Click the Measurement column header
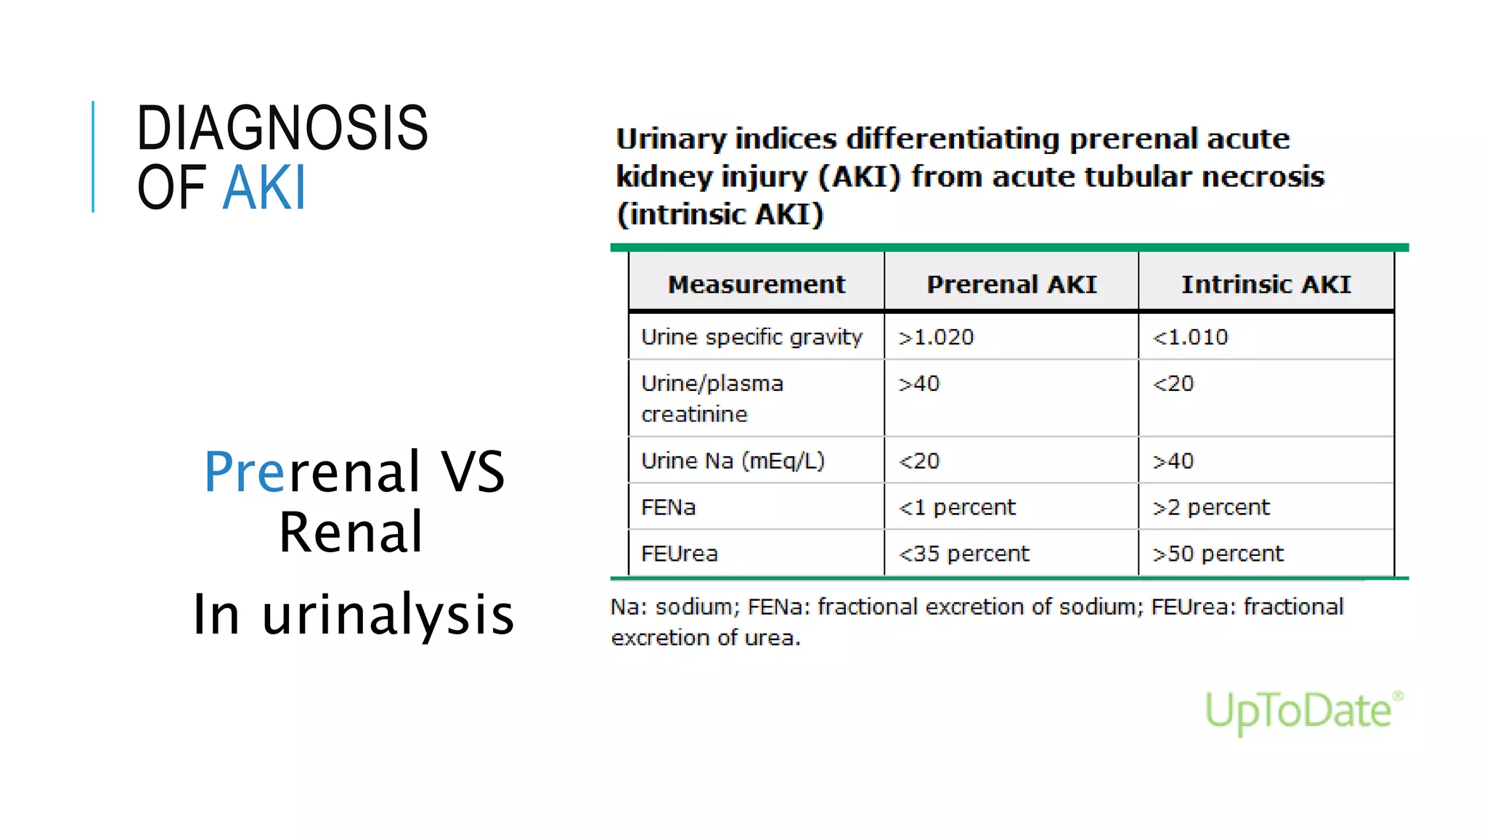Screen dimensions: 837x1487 [756, 284]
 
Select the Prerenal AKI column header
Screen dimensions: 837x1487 [1011, 284]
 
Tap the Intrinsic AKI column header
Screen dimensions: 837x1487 [1266, 284]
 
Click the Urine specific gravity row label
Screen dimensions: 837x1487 [751, 337]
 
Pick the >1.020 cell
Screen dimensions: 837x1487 [936, 337]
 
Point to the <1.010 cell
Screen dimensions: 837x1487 [1190, 337]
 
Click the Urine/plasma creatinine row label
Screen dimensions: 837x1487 [712, 398]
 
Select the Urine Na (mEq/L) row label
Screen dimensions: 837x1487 [733, 461]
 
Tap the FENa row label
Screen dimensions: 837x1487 [668, 507]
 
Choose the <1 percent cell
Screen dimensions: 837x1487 [957, 507]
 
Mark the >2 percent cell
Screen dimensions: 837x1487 [1211, 507]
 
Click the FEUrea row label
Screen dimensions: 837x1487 [679, 554]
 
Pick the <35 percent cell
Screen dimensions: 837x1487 [964, 554]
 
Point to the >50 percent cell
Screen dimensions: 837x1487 [1218, 554]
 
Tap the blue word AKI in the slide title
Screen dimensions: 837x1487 [264, 187]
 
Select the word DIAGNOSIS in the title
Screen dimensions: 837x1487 [282, 128]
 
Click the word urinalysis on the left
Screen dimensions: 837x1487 [388, 615]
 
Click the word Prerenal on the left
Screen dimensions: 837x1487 [312, 472]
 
